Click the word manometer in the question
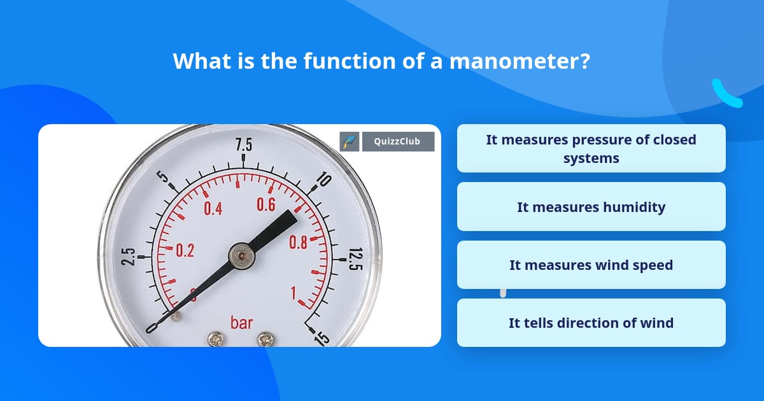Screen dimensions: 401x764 click(x=519, y=62)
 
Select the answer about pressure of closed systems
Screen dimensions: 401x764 click(x=591, y=148)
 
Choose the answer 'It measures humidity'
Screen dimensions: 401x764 click(x=591, y=207)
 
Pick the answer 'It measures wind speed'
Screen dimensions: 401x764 click(x=591, y=265)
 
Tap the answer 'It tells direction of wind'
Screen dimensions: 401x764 click(x=591, y=323)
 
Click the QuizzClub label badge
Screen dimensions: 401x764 click(x=398, y=141)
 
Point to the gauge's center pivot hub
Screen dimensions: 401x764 click(x=241, y=256)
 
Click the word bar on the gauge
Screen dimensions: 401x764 click(x=241, y=322)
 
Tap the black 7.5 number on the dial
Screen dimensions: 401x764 click(x=244, y=145)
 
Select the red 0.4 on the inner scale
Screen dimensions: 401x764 click(x=213, y=208)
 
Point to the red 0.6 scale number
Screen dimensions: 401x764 click(x=265, y=204)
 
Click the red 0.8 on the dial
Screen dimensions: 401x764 click(x=298, y=242)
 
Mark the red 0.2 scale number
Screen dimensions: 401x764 click(x=185, y=251)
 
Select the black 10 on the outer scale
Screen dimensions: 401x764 click(x=323, y=180)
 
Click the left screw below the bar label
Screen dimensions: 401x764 click(x=216, y=340)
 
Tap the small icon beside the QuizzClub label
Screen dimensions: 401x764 click(x=350, y=141)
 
